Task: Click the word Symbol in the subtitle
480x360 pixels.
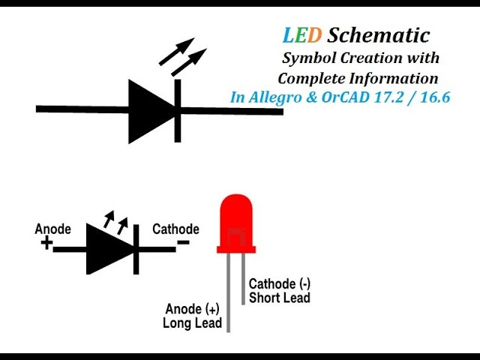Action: pyautogui.click(x=308, y=58)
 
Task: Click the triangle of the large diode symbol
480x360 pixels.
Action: pyautogui.click(x=151, y=110)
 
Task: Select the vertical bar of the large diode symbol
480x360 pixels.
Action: pyautogui.click(x=178, y=110)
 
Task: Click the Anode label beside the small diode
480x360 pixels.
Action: pyautogui.click(x=53, y=229)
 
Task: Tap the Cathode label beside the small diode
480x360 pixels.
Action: pyautogui.click(x=175, y=229)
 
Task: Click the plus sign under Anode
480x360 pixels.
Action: pyautogui.click(x=46, y=243)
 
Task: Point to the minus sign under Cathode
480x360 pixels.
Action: pyautogui.click(x=183, y=242)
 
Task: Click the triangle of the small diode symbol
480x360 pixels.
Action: pyautogui.click(x=109, y=249)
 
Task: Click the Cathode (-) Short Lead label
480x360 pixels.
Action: pyautogui.click(x=280, y=290)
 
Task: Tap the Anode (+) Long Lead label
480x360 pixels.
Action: pyautogui.click(x=193, y=316)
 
